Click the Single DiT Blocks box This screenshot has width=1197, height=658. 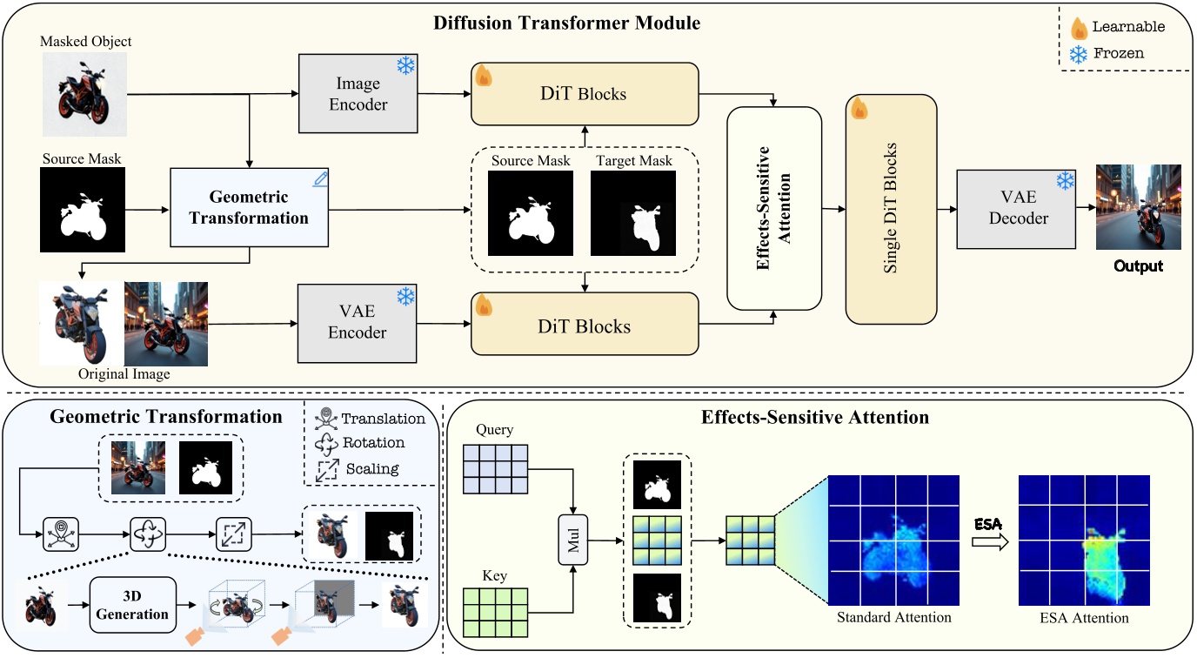tap(891, 208)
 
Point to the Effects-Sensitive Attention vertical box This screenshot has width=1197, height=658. tap(774, 208)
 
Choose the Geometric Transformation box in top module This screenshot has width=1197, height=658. tap(249, 208)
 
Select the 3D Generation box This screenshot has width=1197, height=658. tap(133, 605)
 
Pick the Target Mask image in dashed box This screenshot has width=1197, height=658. tap(632, 213)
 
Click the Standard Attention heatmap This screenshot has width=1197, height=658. tap(893, 541)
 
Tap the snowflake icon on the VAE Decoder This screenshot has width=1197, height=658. tap(1065, 182)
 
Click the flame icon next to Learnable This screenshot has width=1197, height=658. tap(1080, 28)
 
